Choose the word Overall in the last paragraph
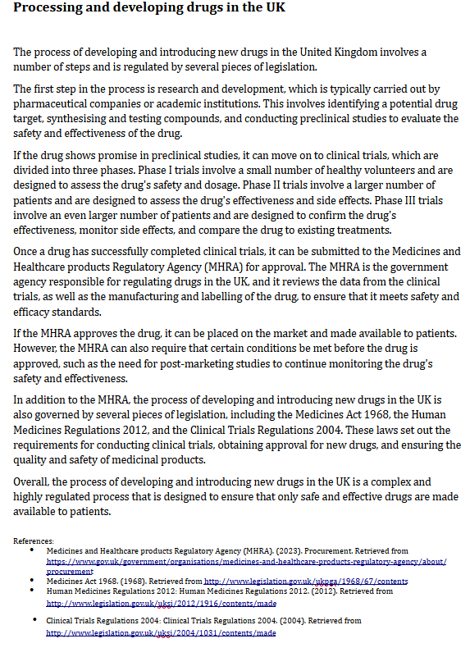click(x=34, y=481)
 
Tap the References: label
click(x=34, y=541)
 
